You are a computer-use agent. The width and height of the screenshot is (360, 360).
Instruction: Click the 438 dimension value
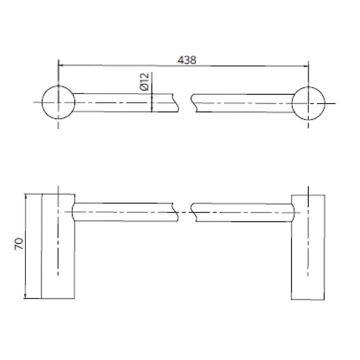click(187, 60)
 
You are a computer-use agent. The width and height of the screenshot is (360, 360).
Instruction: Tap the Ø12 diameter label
click(145, 82)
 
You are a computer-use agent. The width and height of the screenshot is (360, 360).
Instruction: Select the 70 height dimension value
click(19, 243)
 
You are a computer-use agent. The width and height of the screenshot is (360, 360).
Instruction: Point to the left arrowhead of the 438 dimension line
click(60, 65)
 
